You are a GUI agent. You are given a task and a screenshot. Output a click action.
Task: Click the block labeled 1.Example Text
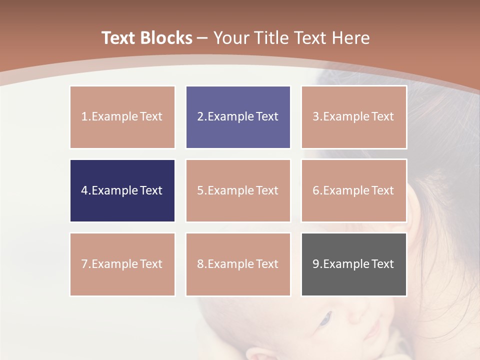[122, 117]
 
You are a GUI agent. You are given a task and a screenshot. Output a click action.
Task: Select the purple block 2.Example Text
[238, 117]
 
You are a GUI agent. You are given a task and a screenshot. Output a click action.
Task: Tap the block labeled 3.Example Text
[354, 117]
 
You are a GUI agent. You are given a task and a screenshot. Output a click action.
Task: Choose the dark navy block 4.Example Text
[122, 190]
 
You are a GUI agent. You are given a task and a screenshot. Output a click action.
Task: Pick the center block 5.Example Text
[238, 190]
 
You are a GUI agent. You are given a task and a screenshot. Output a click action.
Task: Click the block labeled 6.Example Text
[354, 190]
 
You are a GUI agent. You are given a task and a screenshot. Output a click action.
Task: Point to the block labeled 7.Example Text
[122, 264]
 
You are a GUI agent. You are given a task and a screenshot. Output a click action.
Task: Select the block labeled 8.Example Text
[238, 264]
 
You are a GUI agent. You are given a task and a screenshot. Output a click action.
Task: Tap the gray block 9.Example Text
[354, 264]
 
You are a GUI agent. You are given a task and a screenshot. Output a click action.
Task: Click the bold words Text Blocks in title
[147, 38]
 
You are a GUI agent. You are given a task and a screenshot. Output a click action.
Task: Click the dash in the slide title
[202, 38]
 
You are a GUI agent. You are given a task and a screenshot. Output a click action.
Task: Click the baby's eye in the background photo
[325, 318]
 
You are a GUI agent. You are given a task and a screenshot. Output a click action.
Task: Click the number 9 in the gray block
[316, 264]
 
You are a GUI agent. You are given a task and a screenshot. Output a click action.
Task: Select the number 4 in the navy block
[84, 190]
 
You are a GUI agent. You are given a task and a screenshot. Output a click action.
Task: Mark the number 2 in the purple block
[200, 117]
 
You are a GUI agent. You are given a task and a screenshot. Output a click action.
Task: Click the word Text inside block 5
[267, 190]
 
